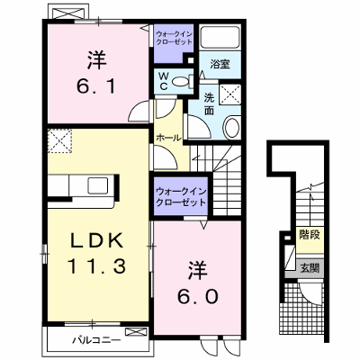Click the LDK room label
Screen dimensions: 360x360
click(97, 240)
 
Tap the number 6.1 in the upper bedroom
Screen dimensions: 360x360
click(96, 87)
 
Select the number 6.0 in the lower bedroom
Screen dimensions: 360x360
click(197, 297)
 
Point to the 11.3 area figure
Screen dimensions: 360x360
click(96, 266)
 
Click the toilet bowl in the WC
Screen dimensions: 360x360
click(181, 81)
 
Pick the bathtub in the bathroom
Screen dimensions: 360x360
click(220, 37)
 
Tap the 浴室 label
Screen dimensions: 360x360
click(220, 64)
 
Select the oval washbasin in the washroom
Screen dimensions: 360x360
click(232, 128)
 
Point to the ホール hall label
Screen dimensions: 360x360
click(168, 138)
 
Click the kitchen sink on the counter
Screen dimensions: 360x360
click(97, 185)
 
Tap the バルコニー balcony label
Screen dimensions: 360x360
click(97, 340)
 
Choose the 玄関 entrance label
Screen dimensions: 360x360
click(310, 267)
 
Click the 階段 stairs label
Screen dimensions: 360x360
click(310, 235)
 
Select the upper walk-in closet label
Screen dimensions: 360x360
click(175, 38)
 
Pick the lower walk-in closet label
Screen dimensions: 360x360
click(181, 196)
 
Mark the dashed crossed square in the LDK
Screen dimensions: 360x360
click(59, 140)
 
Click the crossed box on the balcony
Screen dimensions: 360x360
click(137, 332)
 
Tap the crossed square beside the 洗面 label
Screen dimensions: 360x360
click(229, 94)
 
